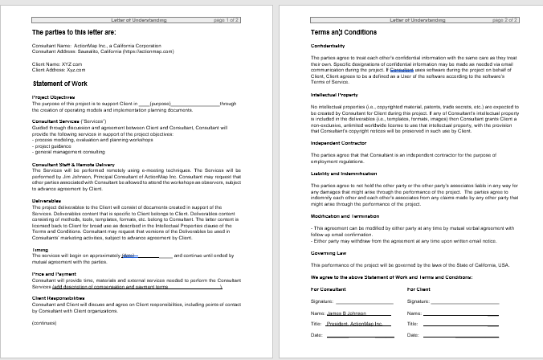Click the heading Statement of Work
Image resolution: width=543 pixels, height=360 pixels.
click(66, 83)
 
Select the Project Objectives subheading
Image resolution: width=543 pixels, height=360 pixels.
click(54, 97)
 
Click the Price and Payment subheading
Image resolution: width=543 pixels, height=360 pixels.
click(55, 274)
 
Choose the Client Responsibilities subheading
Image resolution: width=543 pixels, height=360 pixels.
click(59, 297)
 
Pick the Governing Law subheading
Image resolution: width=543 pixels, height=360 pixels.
click(330, 252)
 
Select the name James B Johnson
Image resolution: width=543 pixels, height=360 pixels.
click(346, 313)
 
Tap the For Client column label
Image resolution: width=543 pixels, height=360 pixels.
click(418, 288)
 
